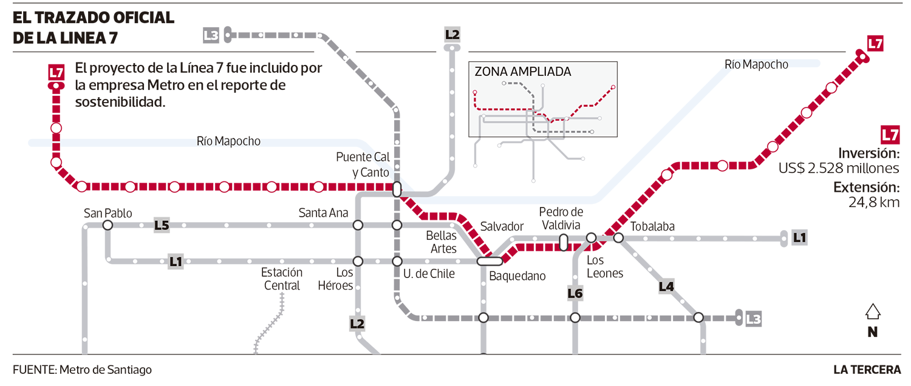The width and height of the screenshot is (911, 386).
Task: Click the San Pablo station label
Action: pos(107,213)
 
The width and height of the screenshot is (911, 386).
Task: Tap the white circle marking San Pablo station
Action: pos(107,226)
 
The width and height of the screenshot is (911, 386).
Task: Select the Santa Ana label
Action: pos(323,213)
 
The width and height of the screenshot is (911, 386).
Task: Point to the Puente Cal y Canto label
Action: pos(363,164)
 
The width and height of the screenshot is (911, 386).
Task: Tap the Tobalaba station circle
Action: pos(618,238)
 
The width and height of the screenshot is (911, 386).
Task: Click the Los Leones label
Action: pos(605,267)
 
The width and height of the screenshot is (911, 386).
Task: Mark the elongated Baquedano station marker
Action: pos(490,261)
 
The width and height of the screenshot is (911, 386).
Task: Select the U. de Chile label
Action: pos(429,274)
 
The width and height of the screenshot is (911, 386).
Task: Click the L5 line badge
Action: pos(162,226)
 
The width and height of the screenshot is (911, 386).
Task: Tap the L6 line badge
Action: pos(575,294)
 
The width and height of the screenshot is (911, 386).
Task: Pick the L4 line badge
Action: pos(666,287)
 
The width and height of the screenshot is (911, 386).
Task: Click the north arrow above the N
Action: pos(873,312)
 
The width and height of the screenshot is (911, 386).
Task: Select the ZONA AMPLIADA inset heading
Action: pos(522,72)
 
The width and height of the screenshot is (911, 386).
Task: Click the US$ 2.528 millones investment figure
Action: pos(839,168)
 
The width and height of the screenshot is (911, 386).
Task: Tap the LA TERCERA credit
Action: pos(867,370)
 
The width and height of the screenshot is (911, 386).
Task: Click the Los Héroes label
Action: pos(335,279)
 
